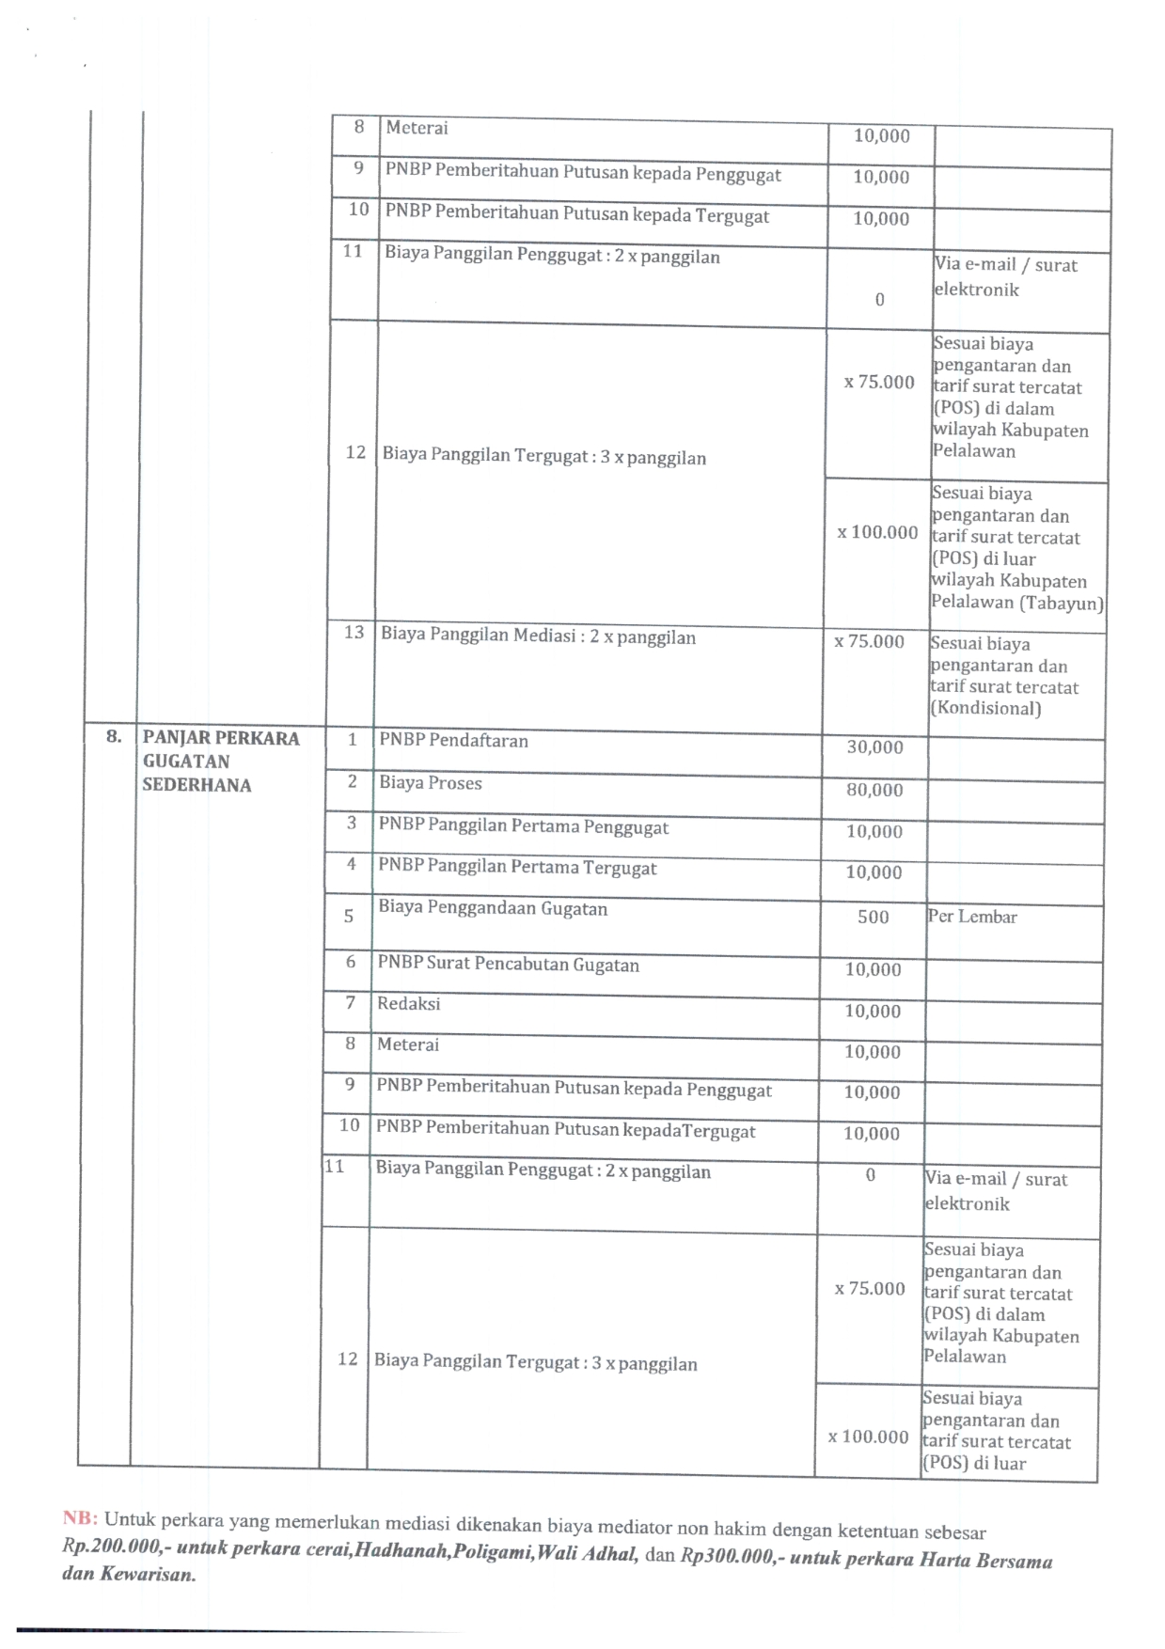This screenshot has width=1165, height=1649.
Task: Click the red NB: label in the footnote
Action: click(81, 1517)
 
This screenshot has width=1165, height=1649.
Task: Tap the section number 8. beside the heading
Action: click(114, 737)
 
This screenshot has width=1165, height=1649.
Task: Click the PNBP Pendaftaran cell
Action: click(453, 741)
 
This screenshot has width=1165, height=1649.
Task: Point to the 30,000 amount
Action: click(874, 747)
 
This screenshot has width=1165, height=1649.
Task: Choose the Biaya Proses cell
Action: click(430, 783)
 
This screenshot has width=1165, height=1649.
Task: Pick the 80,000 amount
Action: click(874, 790)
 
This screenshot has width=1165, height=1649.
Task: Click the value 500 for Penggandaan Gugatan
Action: click(873, 917)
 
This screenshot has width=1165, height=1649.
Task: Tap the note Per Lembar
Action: click(972, 917)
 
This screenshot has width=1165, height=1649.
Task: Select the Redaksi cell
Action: click(408, 1004)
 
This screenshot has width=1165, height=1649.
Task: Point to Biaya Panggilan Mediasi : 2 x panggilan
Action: click(538, 636)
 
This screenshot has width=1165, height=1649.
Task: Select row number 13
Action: click(354, 633)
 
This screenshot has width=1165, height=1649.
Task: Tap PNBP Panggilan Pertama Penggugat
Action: click(523, 827)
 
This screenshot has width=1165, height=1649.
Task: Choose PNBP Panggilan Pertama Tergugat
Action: click(517, 868)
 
